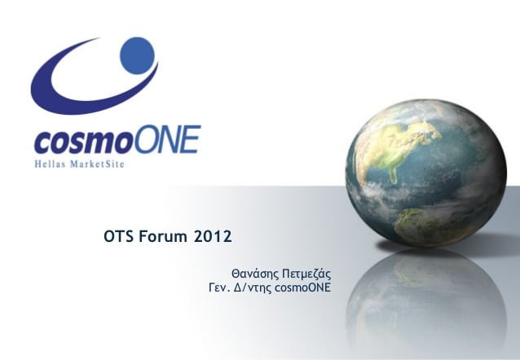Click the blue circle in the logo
point(137,55)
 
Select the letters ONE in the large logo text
point(168,139)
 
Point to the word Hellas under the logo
point(50,164)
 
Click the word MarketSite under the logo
point(97,164)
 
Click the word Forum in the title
point(163,237)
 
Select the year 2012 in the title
point(212,237)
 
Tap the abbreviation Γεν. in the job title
point(219,288)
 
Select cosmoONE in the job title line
point(302,288)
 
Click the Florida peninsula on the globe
point(394,174)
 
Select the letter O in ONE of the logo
point(147,139)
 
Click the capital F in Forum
point(143,237)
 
